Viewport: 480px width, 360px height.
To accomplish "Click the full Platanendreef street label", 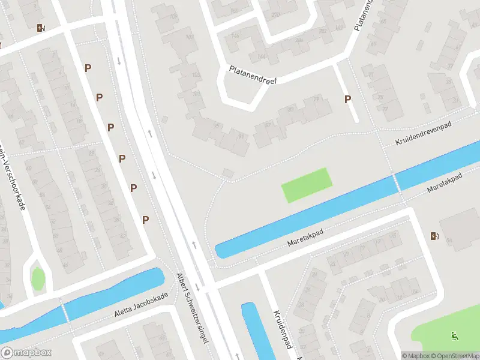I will click(253, 75).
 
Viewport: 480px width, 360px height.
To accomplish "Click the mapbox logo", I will click(26, 352).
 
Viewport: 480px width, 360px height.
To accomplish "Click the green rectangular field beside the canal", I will click(307, 185).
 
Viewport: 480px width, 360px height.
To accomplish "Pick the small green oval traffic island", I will click(38, 278).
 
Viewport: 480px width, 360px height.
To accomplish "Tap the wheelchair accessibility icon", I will click(455, 337).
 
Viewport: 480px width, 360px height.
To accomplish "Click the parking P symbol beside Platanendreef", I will click(347, 100).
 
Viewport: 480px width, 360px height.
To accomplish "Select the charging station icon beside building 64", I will click(434, 236).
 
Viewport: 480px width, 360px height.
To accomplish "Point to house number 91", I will click(241, 136).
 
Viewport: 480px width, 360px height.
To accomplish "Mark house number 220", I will click(277, 15).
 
